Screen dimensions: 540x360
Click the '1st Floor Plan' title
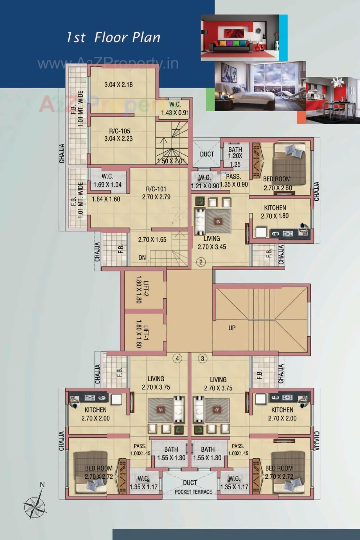[x=113, y=37]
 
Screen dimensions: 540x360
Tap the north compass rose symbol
[x=34, y=507]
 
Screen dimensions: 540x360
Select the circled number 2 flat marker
[x=201, y=262]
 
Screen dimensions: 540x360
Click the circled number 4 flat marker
[x=177, y=358]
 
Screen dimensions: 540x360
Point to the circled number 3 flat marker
[x=202, y=358]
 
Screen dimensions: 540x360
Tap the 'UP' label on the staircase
[x=232, y=328]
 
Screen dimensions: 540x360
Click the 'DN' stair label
[x=142, y=257]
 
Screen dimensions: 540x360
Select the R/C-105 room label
[x=120, y=131]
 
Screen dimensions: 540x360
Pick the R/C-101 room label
[x=156, y=189]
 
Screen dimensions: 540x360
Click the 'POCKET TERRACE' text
[x=193, y=492]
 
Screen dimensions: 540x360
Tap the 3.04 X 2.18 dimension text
[x=118, y=85]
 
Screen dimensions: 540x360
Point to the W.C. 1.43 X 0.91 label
[x=175, y=109]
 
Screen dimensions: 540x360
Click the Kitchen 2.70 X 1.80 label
[x=275, y=212]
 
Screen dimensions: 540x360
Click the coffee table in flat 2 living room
[x=218, y=221]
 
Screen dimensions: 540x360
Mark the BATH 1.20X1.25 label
[x=235, y=156]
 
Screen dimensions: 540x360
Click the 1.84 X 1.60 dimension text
[x=106, y=199]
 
